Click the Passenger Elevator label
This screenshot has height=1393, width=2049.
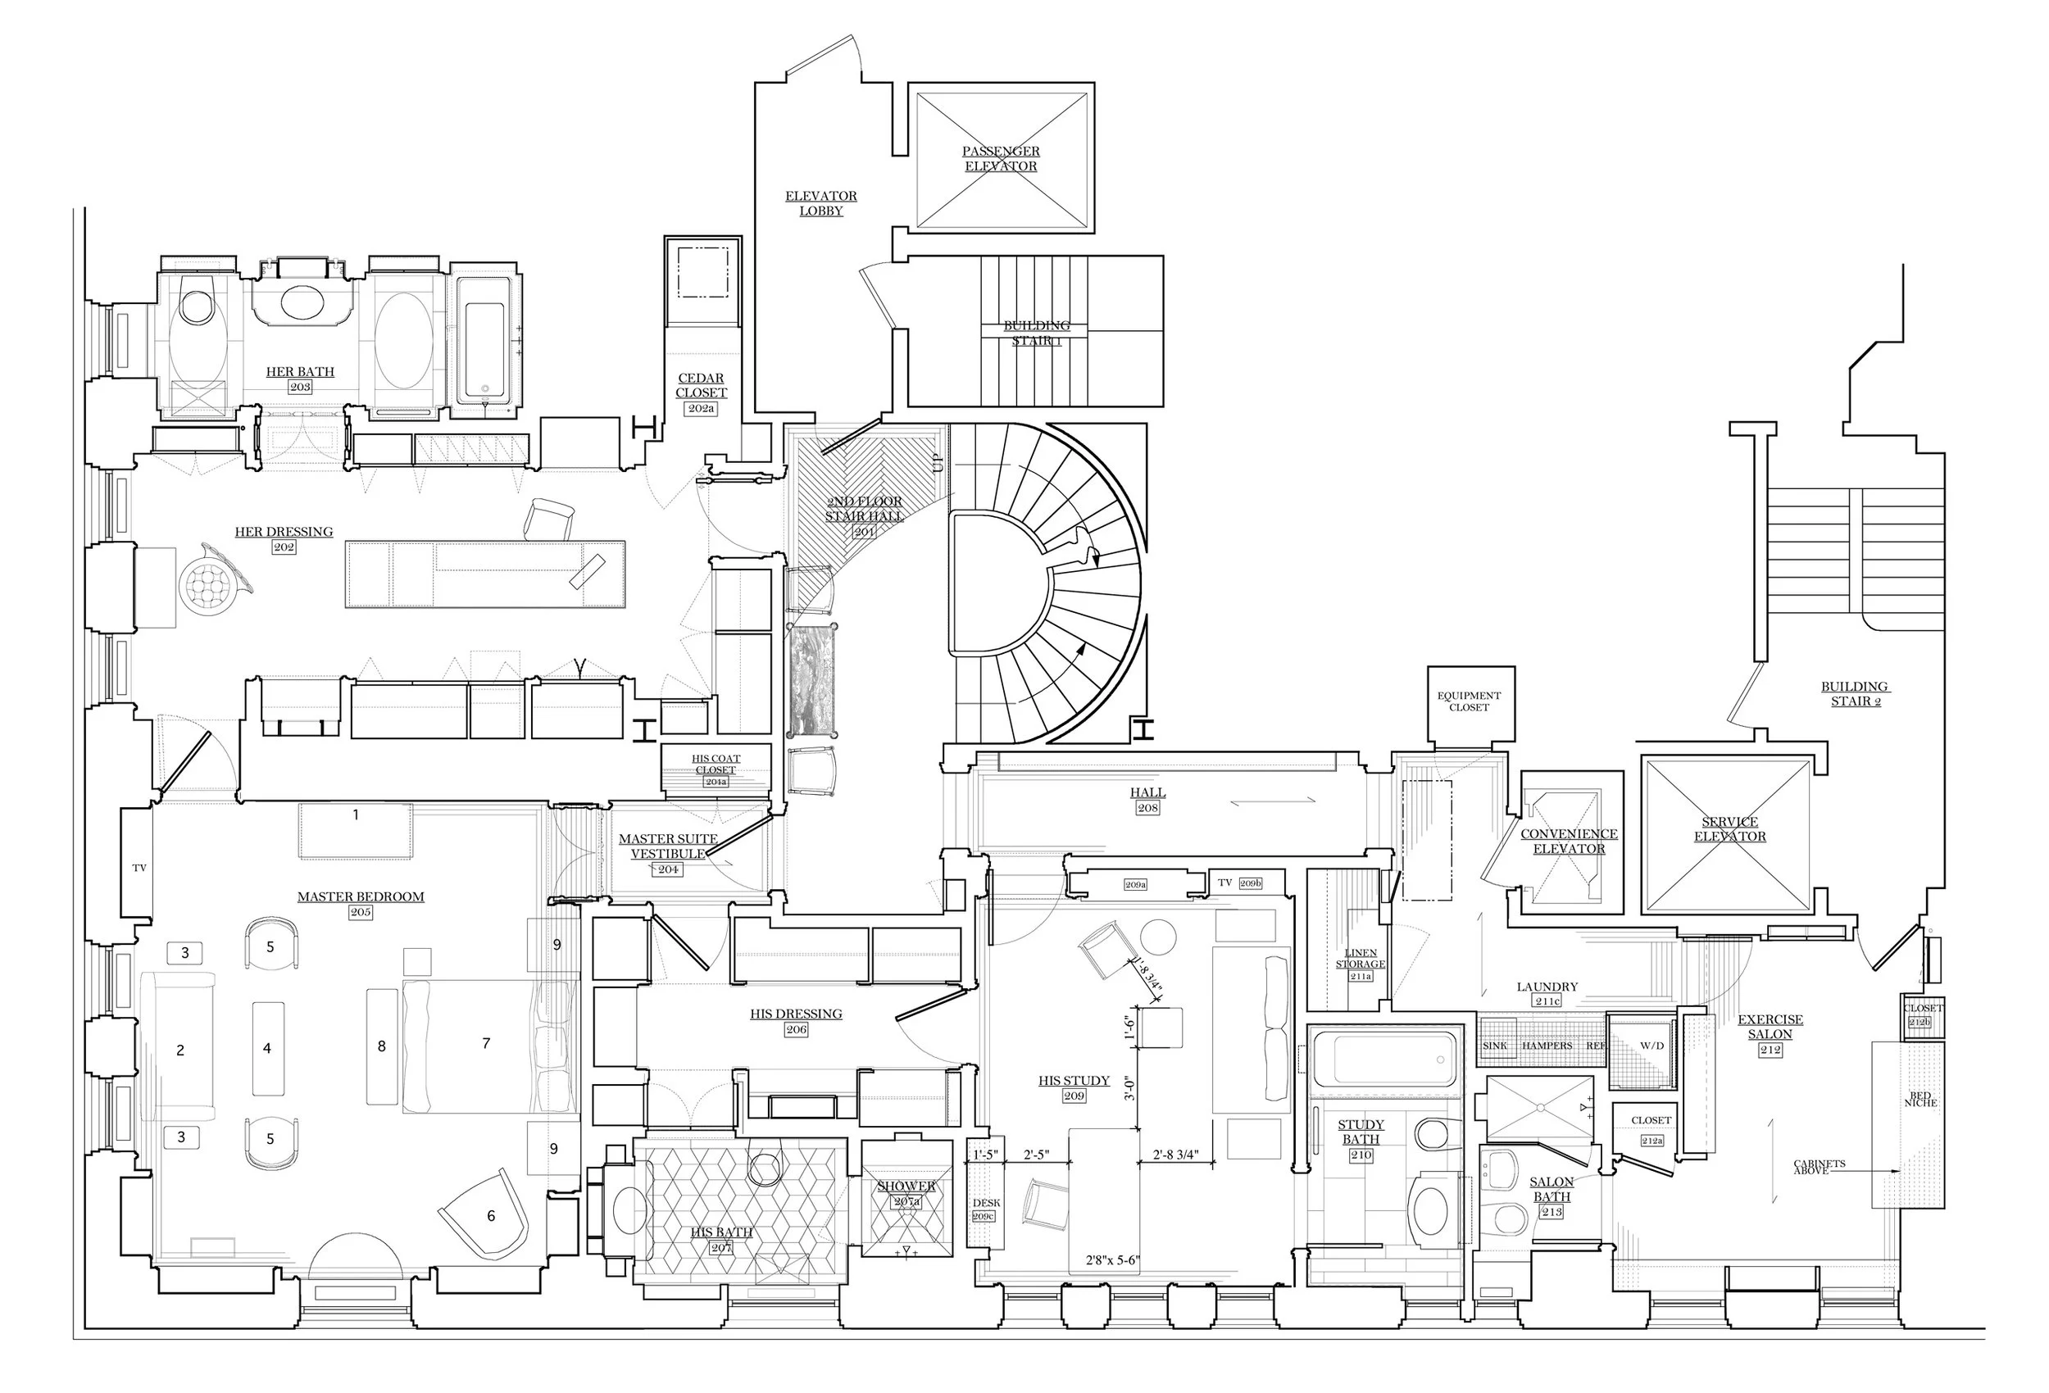pos(1001,159)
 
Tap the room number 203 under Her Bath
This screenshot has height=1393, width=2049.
pos(300,387)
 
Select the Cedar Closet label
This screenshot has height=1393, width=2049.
pos(701,385)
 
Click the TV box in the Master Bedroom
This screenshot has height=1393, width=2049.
pos(139,869)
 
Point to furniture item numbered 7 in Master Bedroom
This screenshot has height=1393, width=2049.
pos(486,1044)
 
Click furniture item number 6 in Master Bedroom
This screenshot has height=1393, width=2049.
pos(491,1217)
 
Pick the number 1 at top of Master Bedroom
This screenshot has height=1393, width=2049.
pos(357,815)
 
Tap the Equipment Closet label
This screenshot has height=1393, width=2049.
pos(1469,701)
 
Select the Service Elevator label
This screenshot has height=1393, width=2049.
pos(1730,828)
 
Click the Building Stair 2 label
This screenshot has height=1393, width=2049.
pos(1855,694)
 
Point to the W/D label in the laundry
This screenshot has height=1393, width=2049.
pos(1651,1046)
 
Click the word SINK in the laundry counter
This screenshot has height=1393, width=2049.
pos(1495,1046)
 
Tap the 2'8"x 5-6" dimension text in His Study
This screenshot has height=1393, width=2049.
pos(1113,1261)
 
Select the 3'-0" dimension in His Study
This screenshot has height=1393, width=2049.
pos(1129,1088)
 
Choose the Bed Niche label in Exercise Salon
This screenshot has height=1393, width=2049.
pos(1921,1100)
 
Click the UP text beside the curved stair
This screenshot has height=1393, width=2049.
pos(938,462)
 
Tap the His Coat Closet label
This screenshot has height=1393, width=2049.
pos(716,765)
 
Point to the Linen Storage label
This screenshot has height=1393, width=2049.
pos(1361,959)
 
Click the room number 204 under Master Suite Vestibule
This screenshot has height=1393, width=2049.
pos(668,869)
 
